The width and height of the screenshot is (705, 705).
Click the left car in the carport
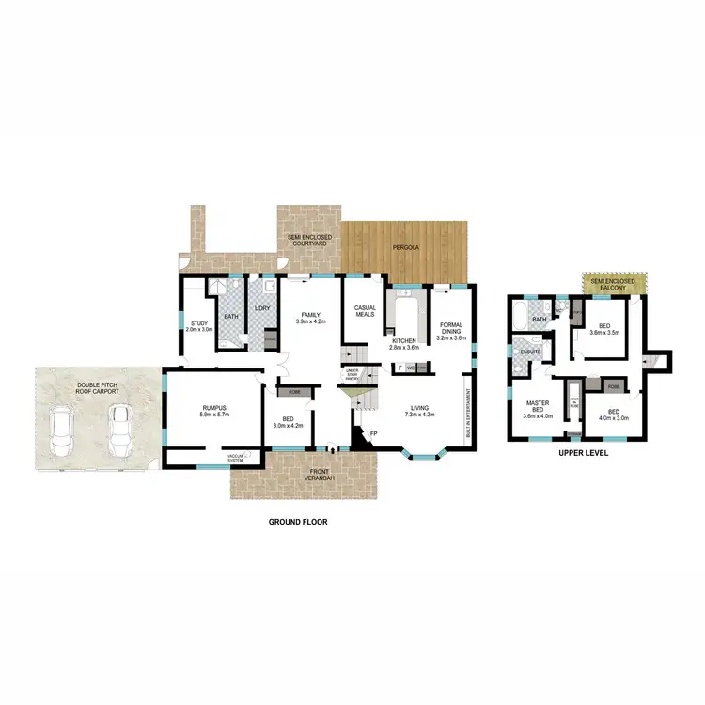tap(63, 428)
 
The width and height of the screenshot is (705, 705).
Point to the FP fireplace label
tap(373, 433)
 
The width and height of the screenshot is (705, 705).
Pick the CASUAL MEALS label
tap(365, 312)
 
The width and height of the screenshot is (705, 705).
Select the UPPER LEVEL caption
tap(585, 452)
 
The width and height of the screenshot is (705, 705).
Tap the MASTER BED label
tap(538, 406)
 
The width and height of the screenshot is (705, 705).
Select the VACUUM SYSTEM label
tap(235, 458)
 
